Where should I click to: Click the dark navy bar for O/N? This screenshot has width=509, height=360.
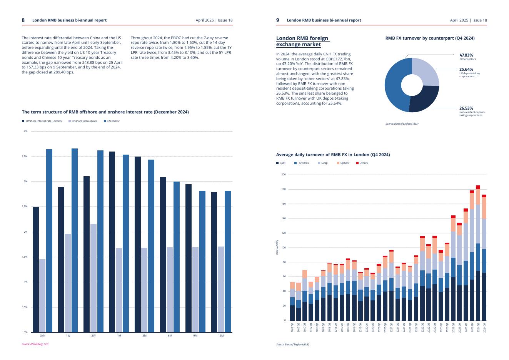(x=36, y=269)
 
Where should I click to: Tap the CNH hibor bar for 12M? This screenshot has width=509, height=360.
(x=228, y=262)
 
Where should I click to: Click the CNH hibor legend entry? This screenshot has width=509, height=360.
(x=112, y=121)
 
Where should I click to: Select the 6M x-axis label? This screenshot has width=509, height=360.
(x=170, y=336)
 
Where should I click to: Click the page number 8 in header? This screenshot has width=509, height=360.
(x=23, y=20)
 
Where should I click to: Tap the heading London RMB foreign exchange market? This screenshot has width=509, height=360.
(x=302, y=41)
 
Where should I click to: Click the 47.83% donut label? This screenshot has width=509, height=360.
(x=466, y=55)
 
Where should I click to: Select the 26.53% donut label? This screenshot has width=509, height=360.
(x=466, y=108)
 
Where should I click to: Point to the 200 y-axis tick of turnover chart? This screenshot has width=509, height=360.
(x=284, y=175)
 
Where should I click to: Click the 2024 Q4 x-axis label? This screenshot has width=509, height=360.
(x=484, y=328)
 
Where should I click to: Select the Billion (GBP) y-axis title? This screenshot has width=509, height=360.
(x=277, y=247)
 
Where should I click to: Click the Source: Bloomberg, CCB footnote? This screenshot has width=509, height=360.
(x=35, y=344)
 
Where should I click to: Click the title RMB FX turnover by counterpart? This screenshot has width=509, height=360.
(x=430, y=38)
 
